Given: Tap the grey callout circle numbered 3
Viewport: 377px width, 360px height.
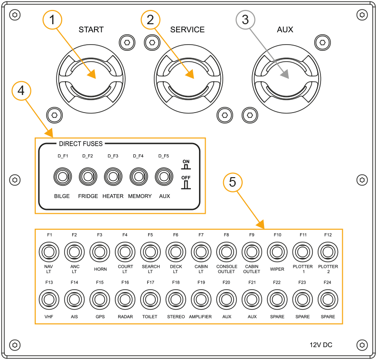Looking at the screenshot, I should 245,20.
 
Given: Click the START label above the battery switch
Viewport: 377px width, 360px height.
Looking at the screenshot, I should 91,29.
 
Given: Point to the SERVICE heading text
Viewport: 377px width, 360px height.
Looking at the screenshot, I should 188,29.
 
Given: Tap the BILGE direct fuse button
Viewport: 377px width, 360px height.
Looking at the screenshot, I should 62,177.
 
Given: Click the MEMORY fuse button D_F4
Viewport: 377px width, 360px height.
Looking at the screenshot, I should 138,177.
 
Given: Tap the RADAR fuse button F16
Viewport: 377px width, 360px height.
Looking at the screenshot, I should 125,300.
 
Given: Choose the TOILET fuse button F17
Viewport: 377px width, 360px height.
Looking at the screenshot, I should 151,300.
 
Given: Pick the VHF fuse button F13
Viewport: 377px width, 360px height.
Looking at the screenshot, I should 49,300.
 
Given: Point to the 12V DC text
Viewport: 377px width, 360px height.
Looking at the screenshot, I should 321,345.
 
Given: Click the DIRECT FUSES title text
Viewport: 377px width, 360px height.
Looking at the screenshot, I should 81,143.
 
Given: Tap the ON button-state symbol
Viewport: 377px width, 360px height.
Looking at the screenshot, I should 186,164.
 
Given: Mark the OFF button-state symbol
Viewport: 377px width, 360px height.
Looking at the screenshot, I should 186,182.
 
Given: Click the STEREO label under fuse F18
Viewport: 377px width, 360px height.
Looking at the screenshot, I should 176,317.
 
